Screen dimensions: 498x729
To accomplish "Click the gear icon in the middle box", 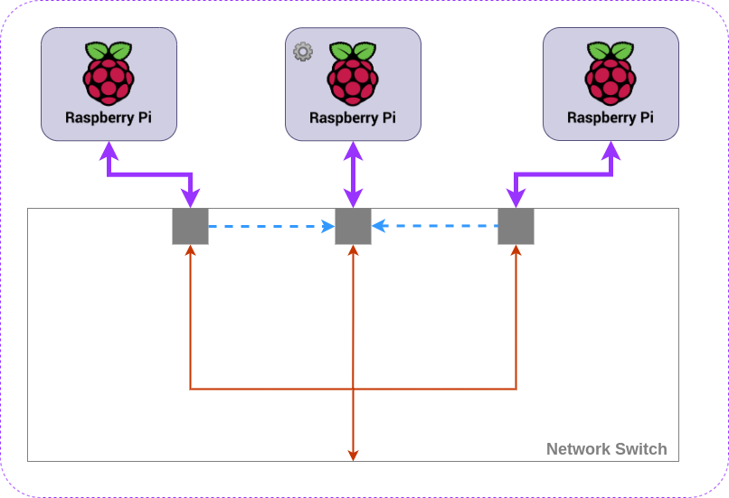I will click(x=303, y=52).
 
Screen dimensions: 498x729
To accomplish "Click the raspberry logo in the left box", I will click(x=109, y=73).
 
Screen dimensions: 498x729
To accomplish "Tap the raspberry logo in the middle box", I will click(x=353, y=73).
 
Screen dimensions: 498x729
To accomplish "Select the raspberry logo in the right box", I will click(x=611, y=73).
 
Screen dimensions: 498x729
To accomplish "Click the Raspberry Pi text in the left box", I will click(x=109, y=117).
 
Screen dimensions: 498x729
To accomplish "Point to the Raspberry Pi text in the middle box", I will click(x=353, y=117).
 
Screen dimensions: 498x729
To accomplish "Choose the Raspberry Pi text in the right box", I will click(x=611, y=117).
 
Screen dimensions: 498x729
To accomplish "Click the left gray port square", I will click(x=190, y=226).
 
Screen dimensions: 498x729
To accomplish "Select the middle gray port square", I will click(x=353, y=226).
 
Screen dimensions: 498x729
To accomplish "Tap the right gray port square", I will click(x=516, y=226).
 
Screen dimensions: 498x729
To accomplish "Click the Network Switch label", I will click(x=606, y=449).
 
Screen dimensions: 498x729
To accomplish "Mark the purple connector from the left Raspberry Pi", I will click(x=149, y=174).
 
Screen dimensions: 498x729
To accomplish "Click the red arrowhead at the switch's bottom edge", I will click(x=353, y=455).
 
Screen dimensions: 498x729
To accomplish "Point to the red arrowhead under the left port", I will click(x=190, y=251).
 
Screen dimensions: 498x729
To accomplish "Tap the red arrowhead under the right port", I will click(x=516, y=251).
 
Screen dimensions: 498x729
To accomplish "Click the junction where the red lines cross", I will click(x=353, y=389).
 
